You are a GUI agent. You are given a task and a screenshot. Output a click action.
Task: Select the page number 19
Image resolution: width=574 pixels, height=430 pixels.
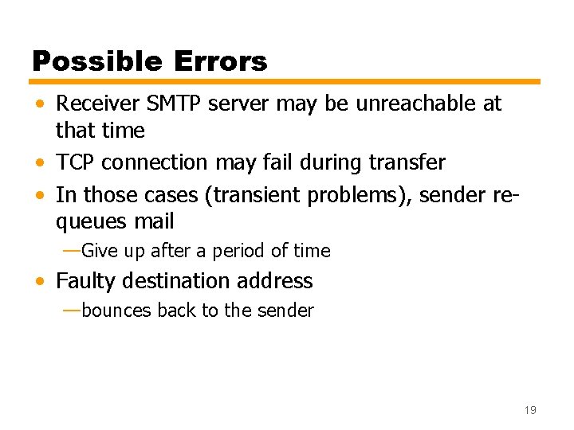click(530, 410)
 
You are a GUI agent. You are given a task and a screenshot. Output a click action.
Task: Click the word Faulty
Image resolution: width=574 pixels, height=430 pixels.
click(85, 281)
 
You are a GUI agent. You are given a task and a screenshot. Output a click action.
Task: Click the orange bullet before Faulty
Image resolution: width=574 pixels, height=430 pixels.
click(40, 282)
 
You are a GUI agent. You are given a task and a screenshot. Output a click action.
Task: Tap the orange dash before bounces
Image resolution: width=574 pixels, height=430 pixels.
click(71, 310)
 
